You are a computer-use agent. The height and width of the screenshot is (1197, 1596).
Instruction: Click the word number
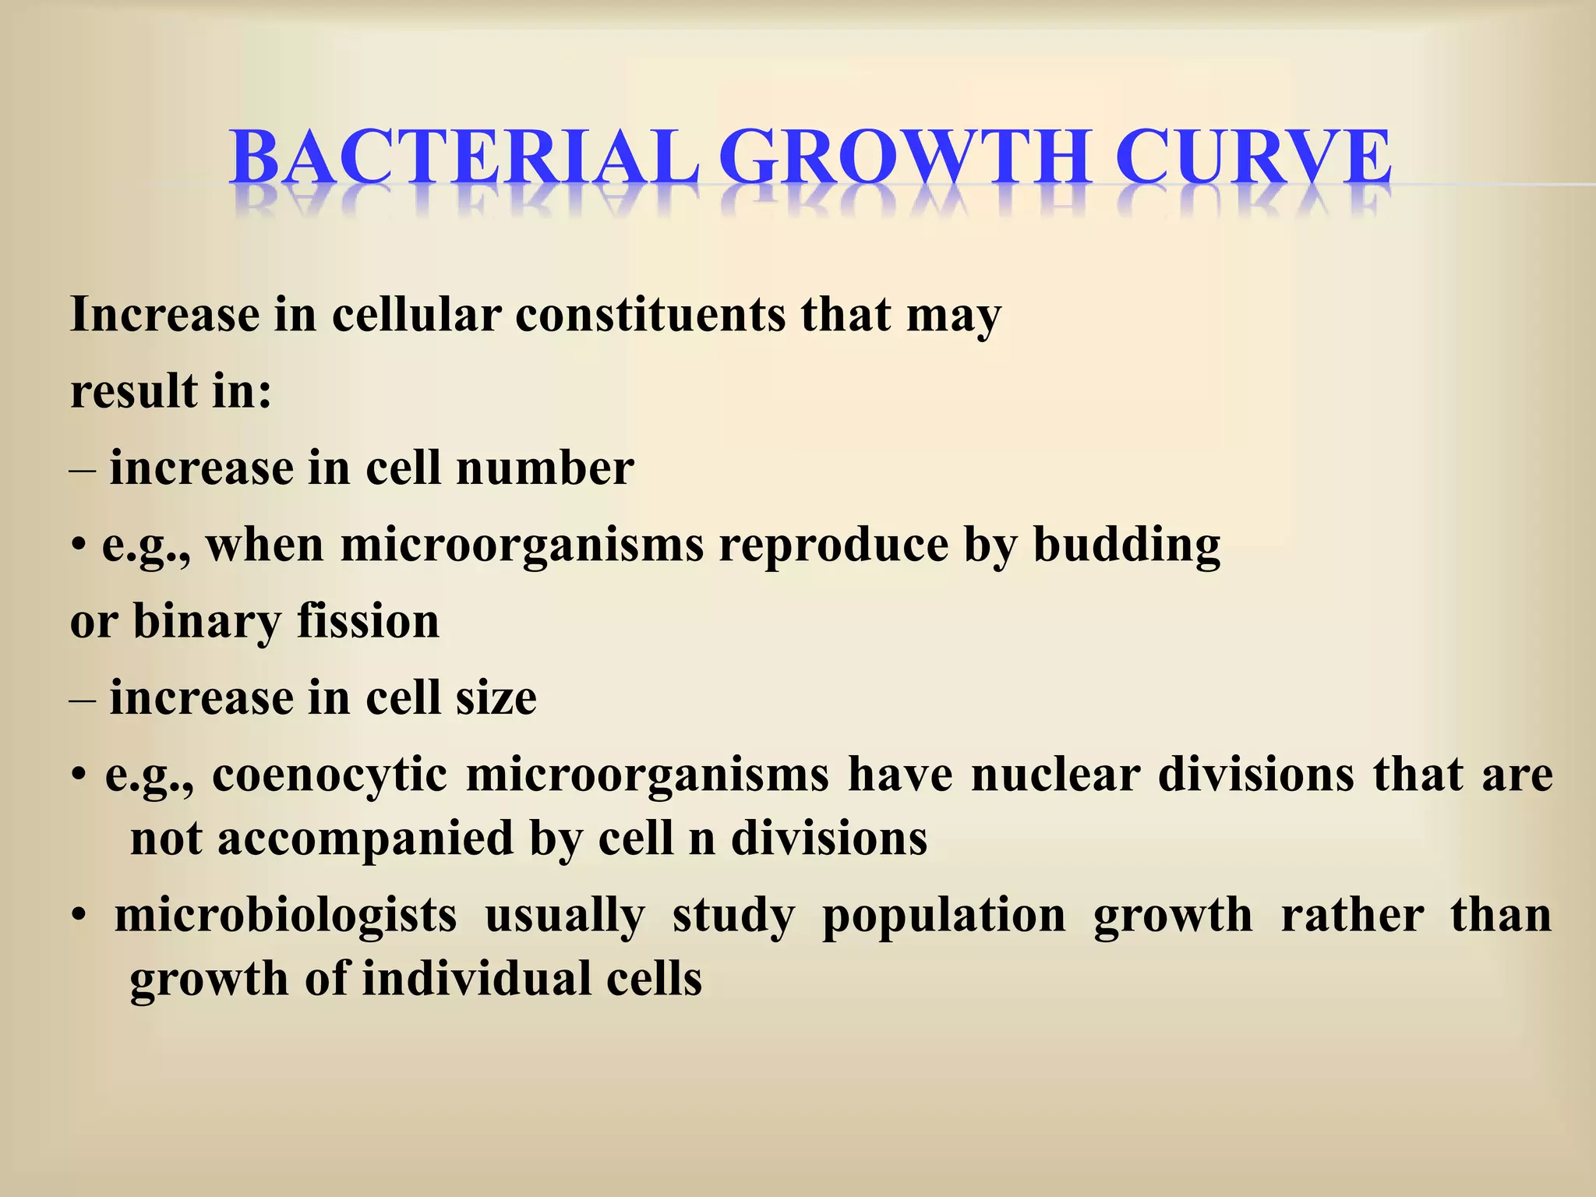(545, 468)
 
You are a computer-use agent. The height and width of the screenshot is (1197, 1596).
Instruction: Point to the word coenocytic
(330, 775)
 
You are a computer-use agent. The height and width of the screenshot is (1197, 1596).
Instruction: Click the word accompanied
(365, 839)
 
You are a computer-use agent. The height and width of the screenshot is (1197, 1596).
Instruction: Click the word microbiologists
(285, 915)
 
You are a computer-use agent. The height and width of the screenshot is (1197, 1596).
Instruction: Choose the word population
(943, 916)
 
